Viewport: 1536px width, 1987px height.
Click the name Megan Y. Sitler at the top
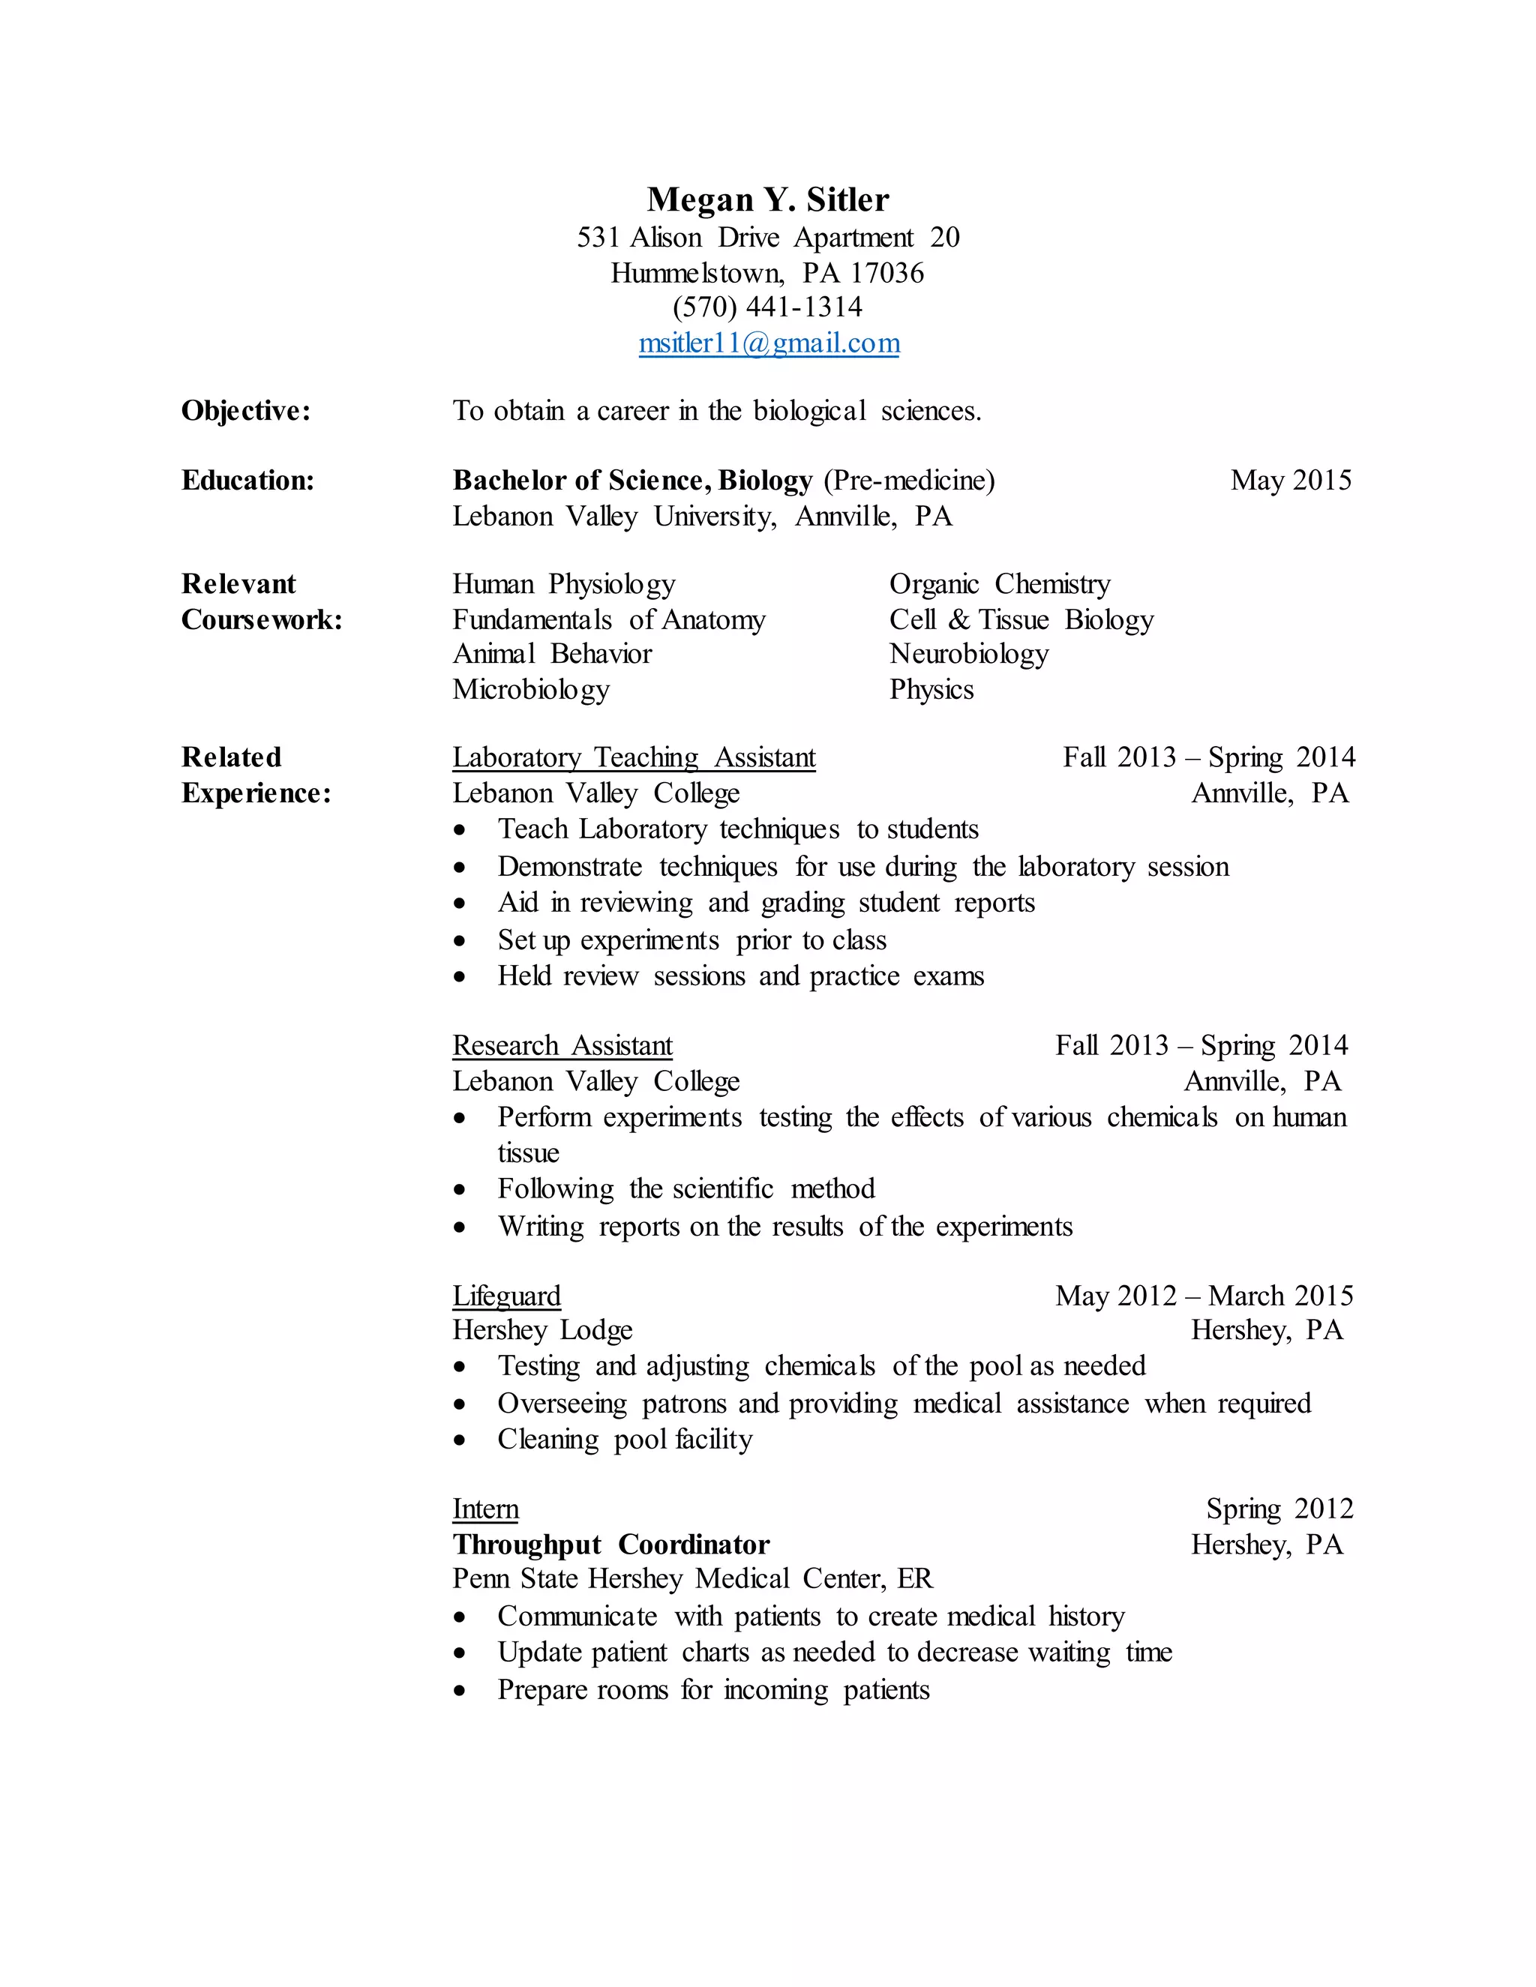coord(768,199)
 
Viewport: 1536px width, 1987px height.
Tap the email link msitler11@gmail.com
coord(769,343)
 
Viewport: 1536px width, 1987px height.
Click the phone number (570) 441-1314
coord(768,307)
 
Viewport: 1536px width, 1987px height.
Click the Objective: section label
coord(246,411)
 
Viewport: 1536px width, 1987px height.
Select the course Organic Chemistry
coord(999,584)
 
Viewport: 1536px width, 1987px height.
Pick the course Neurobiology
coord(968,654)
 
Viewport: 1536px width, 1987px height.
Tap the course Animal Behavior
coord(551,654)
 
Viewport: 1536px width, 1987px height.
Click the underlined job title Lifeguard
coord(507,1296)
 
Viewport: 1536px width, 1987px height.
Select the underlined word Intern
coord(485,1509)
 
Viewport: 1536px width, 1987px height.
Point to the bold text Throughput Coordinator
coord(610,1545)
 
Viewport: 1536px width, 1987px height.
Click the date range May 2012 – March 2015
coord(1204,1296)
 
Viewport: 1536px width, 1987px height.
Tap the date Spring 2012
coord(1279,1509)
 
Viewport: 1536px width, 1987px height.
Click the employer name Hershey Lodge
coord(542,1331)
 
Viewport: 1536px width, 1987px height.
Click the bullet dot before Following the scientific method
coord(460,1190)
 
